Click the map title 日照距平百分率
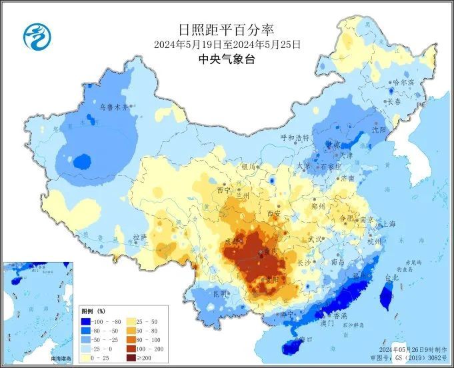(227, 30)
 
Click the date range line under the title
(227, 45)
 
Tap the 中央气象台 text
(227, 59)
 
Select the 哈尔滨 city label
(403, 82)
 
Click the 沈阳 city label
(379, 131)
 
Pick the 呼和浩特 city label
(295, 138)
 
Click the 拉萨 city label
(139, 237)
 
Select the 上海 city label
(389, 224)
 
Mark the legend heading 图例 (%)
(93, 311)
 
